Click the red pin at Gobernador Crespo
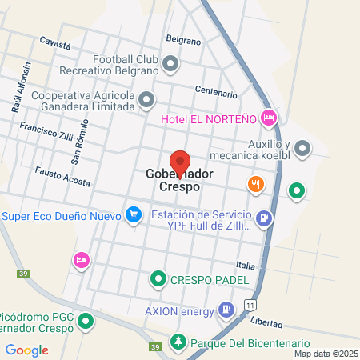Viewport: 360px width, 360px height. click(180, 162)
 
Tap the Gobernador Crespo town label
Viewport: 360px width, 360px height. click(173, 180)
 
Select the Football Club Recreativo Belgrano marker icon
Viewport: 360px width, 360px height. click(170, 62)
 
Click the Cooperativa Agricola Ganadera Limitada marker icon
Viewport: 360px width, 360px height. click(146, 101)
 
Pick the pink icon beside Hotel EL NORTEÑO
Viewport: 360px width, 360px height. click(269, 118)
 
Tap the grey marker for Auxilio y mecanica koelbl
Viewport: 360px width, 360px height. click(302, 148)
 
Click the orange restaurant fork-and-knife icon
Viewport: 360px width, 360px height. click(255, 185)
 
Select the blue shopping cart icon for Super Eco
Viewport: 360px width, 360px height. click(134, 214)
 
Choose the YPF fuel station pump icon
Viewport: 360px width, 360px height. click(264, 217)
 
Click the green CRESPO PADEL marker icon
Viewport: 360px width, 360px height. click(157, 279)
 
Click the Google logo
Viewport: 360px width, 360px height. click(27, 350)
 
